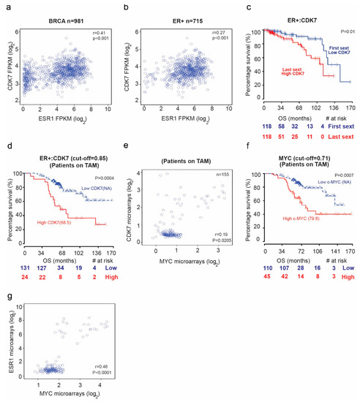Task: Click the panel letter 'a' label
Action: pyautogui.click(x=6, y=7)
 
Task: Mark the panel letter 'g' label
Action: pyautogui.click(x=6, y=299)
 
